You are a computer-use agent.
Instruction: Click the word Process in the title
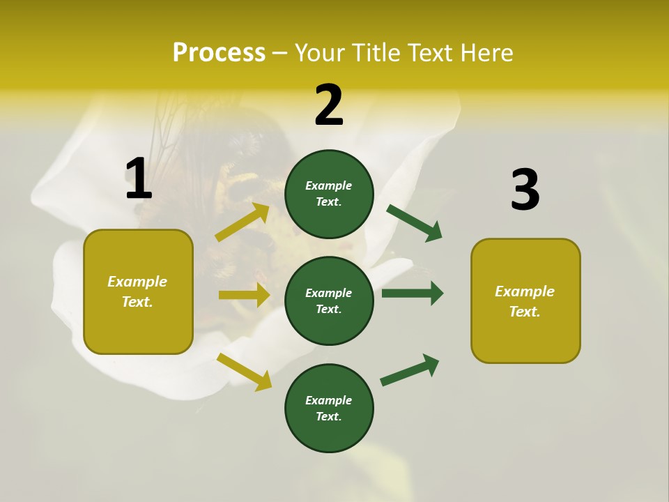point(219,53)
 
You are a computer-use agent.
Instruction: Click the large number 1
point(139,179)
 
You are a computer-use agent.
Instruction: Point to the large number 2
point(329,105)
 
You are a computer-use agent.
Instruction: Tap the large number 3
point(525,190)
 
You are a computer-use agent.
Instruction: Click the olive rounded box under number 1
point(138,291)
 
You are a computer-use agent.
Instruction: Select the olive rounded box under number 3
point(525,301)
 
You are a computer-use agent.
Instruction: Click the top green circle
point(329,194)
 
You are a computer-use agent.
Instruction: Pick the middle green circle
point(329,301)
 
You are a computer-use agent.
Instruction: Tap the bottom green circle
point(329,408)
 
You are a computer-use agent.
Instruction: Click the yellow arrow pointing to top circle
point(243,222)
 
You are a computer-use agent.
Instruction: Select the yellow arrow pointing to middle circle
point(244,295)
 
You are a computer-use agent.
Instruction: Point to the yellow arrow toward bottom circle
point(244,372)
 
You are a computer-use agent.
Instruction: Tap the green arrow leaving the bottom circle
point(410,370)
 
